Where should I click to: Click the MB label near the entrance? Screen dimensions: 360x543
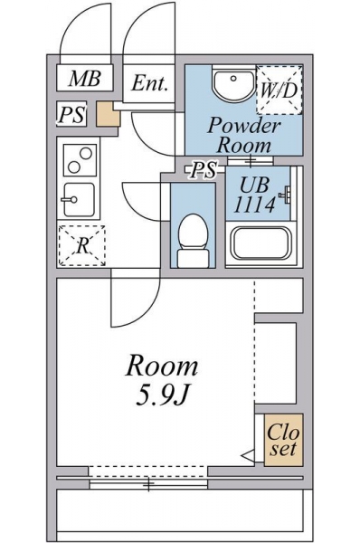pyautogui.click(x=85, y=79)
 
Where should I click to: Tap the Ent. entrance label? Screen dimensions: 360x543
pyautogui.click(x=149, y=83)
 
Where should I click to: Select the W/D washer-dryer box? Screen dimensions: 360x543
pyautogui.click(x=279, y=90)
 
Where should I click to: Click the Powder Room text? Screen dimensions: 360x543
pyautogui.click(x=244, y=135)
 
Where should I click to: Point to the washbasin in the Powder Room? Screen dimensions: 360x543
pyautogui.click(x=234, y=84)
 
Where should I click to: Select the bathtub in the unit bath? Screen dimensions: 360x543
pyautogui.click(x=262, y=243)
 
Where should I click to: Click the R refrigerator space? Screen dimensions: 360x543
pyautogui.click(x=81, y=246)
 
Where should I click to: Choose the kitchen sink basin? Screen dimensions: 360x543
pyautogui.click(x=80, y=200)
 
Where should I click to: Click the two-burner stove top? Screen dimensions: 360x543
pyautogui.click(x=80, y=159)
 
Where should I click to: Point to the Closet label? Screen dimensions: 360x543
pyautogui.click(x=283, y=440)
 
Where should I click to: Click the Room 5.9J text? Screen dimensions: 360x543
pyautogui.click(x=162, y=381)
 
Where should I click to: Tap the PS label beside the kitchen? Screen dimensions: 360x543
pyautogui.click(x=71, y=114)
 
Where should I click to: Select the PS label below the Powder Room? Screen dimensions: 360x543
pyautogui.click(x=204, y=170)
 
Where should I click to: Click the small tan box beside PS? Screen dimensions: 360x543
pyautogui.click(x=109, y=114)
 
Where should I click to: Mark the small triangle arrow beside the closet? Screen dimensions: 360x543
pyautogui.click(x=248, y=456)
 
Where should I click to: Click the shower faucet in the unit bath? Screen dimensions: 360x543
pyautogui.click(x=286, y=194)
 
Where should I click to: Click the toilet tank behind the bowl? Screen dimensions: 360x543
pyautogui.click(x=194, y=258)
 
